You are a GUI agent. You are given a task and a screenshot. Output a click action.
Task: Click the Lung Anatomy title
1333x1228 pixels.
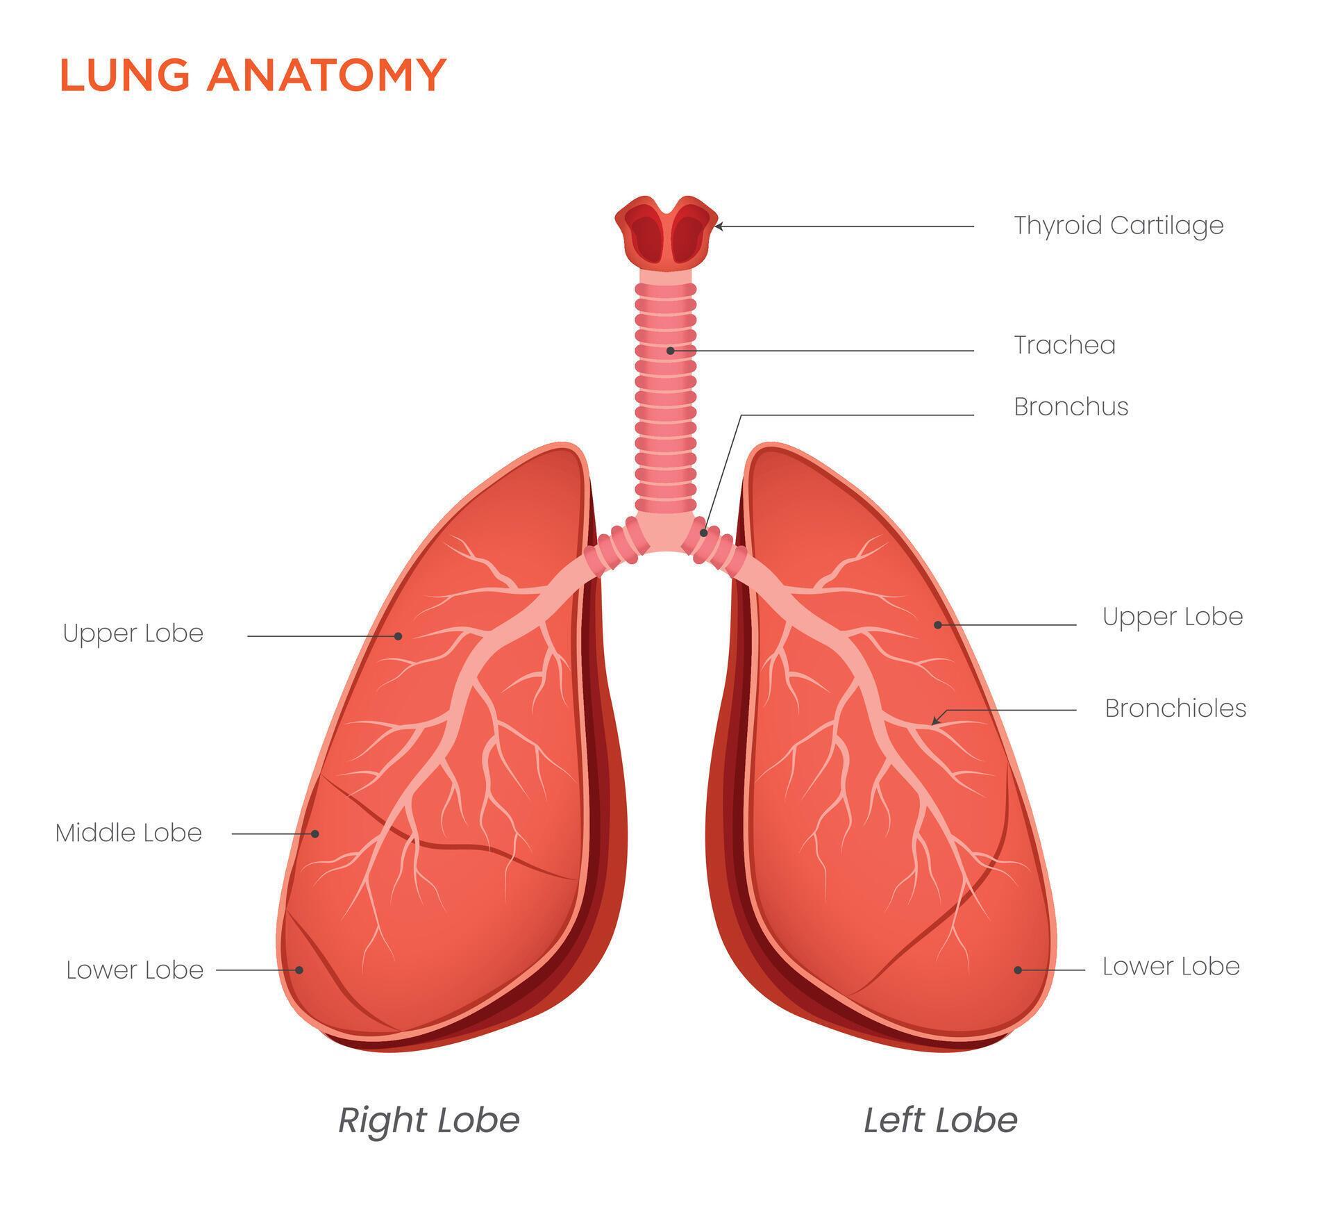[x=253, y=74]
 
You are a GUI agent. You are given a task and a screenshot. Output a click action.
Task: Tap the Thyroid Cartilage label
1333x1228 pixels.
[x=1118, y=226]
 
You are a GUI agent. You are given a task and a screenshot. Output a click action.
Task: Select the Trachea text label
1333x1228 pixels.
[x=1064, y=345]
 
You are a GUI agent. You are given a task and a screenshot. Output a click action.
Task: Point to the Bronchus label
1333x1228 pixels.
[x=1071, y=407]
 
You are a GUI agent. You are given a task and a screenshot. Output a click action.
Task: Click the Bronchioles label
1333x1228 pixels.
[x=1175, y=708]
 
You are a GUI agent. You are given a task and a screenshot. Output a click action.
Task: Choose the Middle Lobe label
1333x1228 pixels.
[x=128, y=833]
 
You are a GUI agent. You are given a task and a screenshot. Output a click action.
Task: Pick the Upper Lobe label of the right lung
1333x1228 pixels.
[x=133, y=633]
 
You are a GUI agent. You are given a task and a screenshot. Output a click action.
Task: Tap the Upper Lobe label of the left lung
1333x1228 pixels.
[x=1172, y=617]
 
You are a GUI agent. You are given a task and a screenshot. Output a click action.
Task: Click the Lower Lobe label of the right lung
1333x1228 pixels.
[x=135, y=970]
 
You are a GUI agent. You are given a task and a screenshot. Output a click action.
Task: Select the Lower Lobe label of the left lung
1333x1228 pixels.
[x=1171, y=967]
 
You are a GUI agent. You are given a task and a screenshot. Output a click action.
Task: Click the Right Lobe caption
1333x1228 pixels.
[x=428, y=1120]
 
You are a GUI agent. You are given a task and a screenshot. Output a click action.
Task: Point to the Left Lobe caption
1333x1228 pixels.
[x=940, y=1120]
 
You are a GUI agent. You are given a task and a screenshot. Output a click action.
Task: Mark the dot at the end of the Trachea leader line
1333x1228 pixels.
[x=670, y=351]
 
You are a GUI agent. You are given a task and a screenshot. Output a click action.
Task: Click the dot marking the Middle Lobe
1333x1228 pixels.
[x=315, y=833]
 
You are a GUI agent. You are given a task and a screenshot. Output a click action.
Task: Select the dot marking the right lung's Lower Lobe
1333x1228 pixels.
[x=300, y=970]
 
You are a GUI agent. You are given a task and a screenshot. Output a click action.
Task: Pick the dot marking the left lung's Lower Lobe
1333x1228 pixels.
[x=1018, y=970]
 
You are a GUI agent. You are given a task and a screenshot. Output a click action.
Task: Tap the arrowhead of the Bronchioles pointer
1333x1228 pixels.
[x=934, y=722]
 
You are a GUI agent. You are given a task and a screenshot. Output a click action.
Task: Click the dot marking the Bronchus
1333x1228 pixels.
[x=704, y=533]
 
